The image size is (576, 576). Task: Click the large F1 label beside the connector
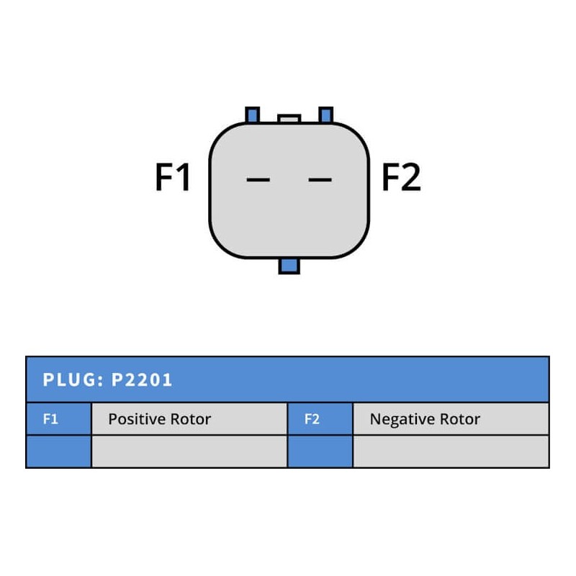click(173, 178)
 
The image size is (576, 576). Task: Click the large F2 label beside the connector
click(400, 178)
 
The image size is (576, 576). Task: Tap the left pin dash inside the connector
click(258, 179)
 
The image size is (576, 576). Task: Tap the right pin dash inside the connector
click(320, 179)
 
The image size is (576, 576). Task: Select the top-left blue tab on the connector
click(252, 115)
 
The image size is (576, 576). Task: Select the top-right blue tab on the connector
click(325, 115)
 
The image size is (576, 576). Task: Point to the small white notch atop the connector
click(289, 119)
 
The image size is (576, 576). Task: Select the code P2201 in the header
click(143, 380)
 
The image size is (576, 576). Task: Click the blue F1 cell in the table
click(58, 419)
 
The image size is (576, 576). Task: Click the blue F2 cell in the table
click(320, 419)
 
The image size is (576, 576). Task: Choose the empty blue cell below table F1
click(58, 451)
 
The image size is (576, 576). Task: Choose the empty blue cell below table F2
click(320, 451)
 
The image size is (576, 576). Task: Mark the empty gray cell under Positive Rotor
click(189, 451)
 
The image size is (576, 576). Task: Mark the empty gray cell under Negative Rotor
click(451, 451)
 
